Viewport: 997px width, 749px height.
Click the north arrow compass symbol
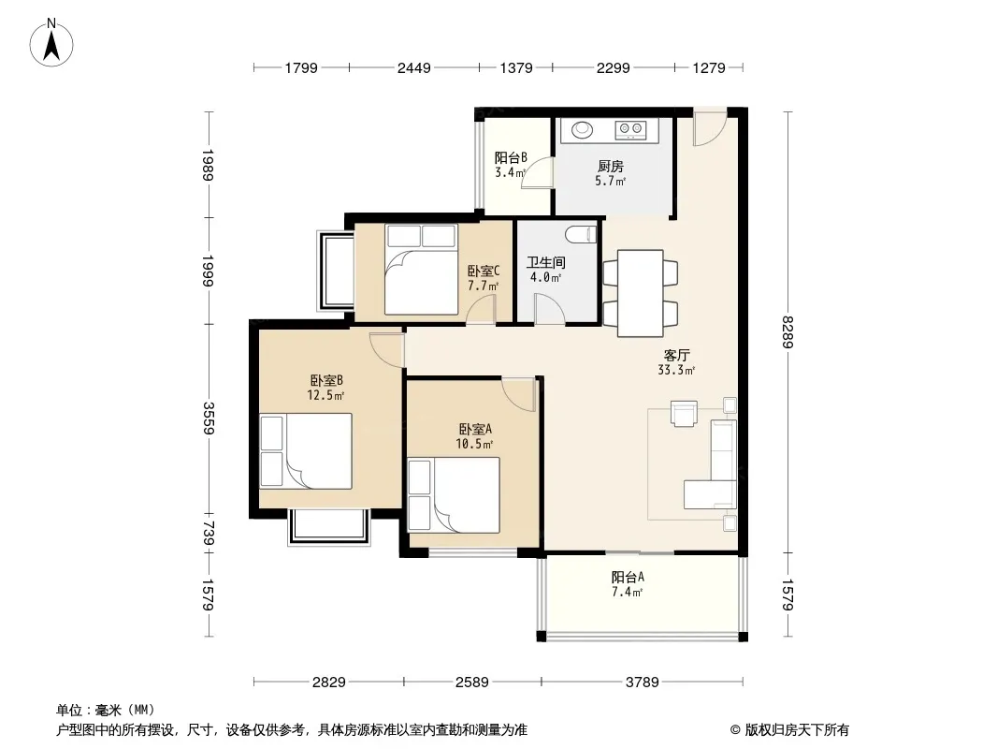pos(51,43)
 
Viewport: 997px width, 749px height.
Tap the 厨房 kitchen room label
pos(611,166)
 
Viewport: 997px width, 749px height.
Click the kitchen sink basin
pos(582,130)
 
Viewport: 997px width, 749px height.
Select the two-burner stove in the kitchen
pos(630,130)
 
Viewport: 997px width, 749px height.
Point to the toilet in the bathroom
pos(581,233)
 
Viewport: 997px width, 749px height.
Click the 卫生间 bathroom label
pos(545,262)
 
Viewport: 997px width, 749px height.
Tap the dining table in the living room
pos(641,293)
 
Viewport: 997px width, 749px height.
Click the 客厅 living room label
pos(676,355)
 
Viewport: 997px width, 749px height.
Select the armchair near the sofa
pos(684,412)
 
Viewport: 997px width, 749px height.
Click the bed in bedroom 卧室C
pos(421,270)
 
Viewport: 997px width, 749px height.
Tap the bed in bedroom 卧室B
pos(306,450)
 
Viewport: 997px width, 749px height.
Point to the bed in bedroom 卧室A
pos(454,494)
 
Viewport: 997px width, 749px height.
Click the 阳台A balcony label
pos(628,577)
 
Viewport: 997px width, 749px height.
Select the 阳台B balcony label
pos(511,158)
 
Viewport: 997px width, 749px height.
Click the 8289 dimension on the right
pos(787,332)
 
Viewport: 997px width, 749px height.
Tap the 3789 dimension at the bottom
pos(643,683)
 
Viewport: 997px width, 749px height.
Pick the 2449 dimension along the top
pos(414,67)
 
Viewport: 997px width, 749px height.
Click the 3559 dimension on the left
pos(208,419)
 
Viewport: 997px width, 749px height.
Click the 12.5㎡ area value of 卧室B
pos(325,395)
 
